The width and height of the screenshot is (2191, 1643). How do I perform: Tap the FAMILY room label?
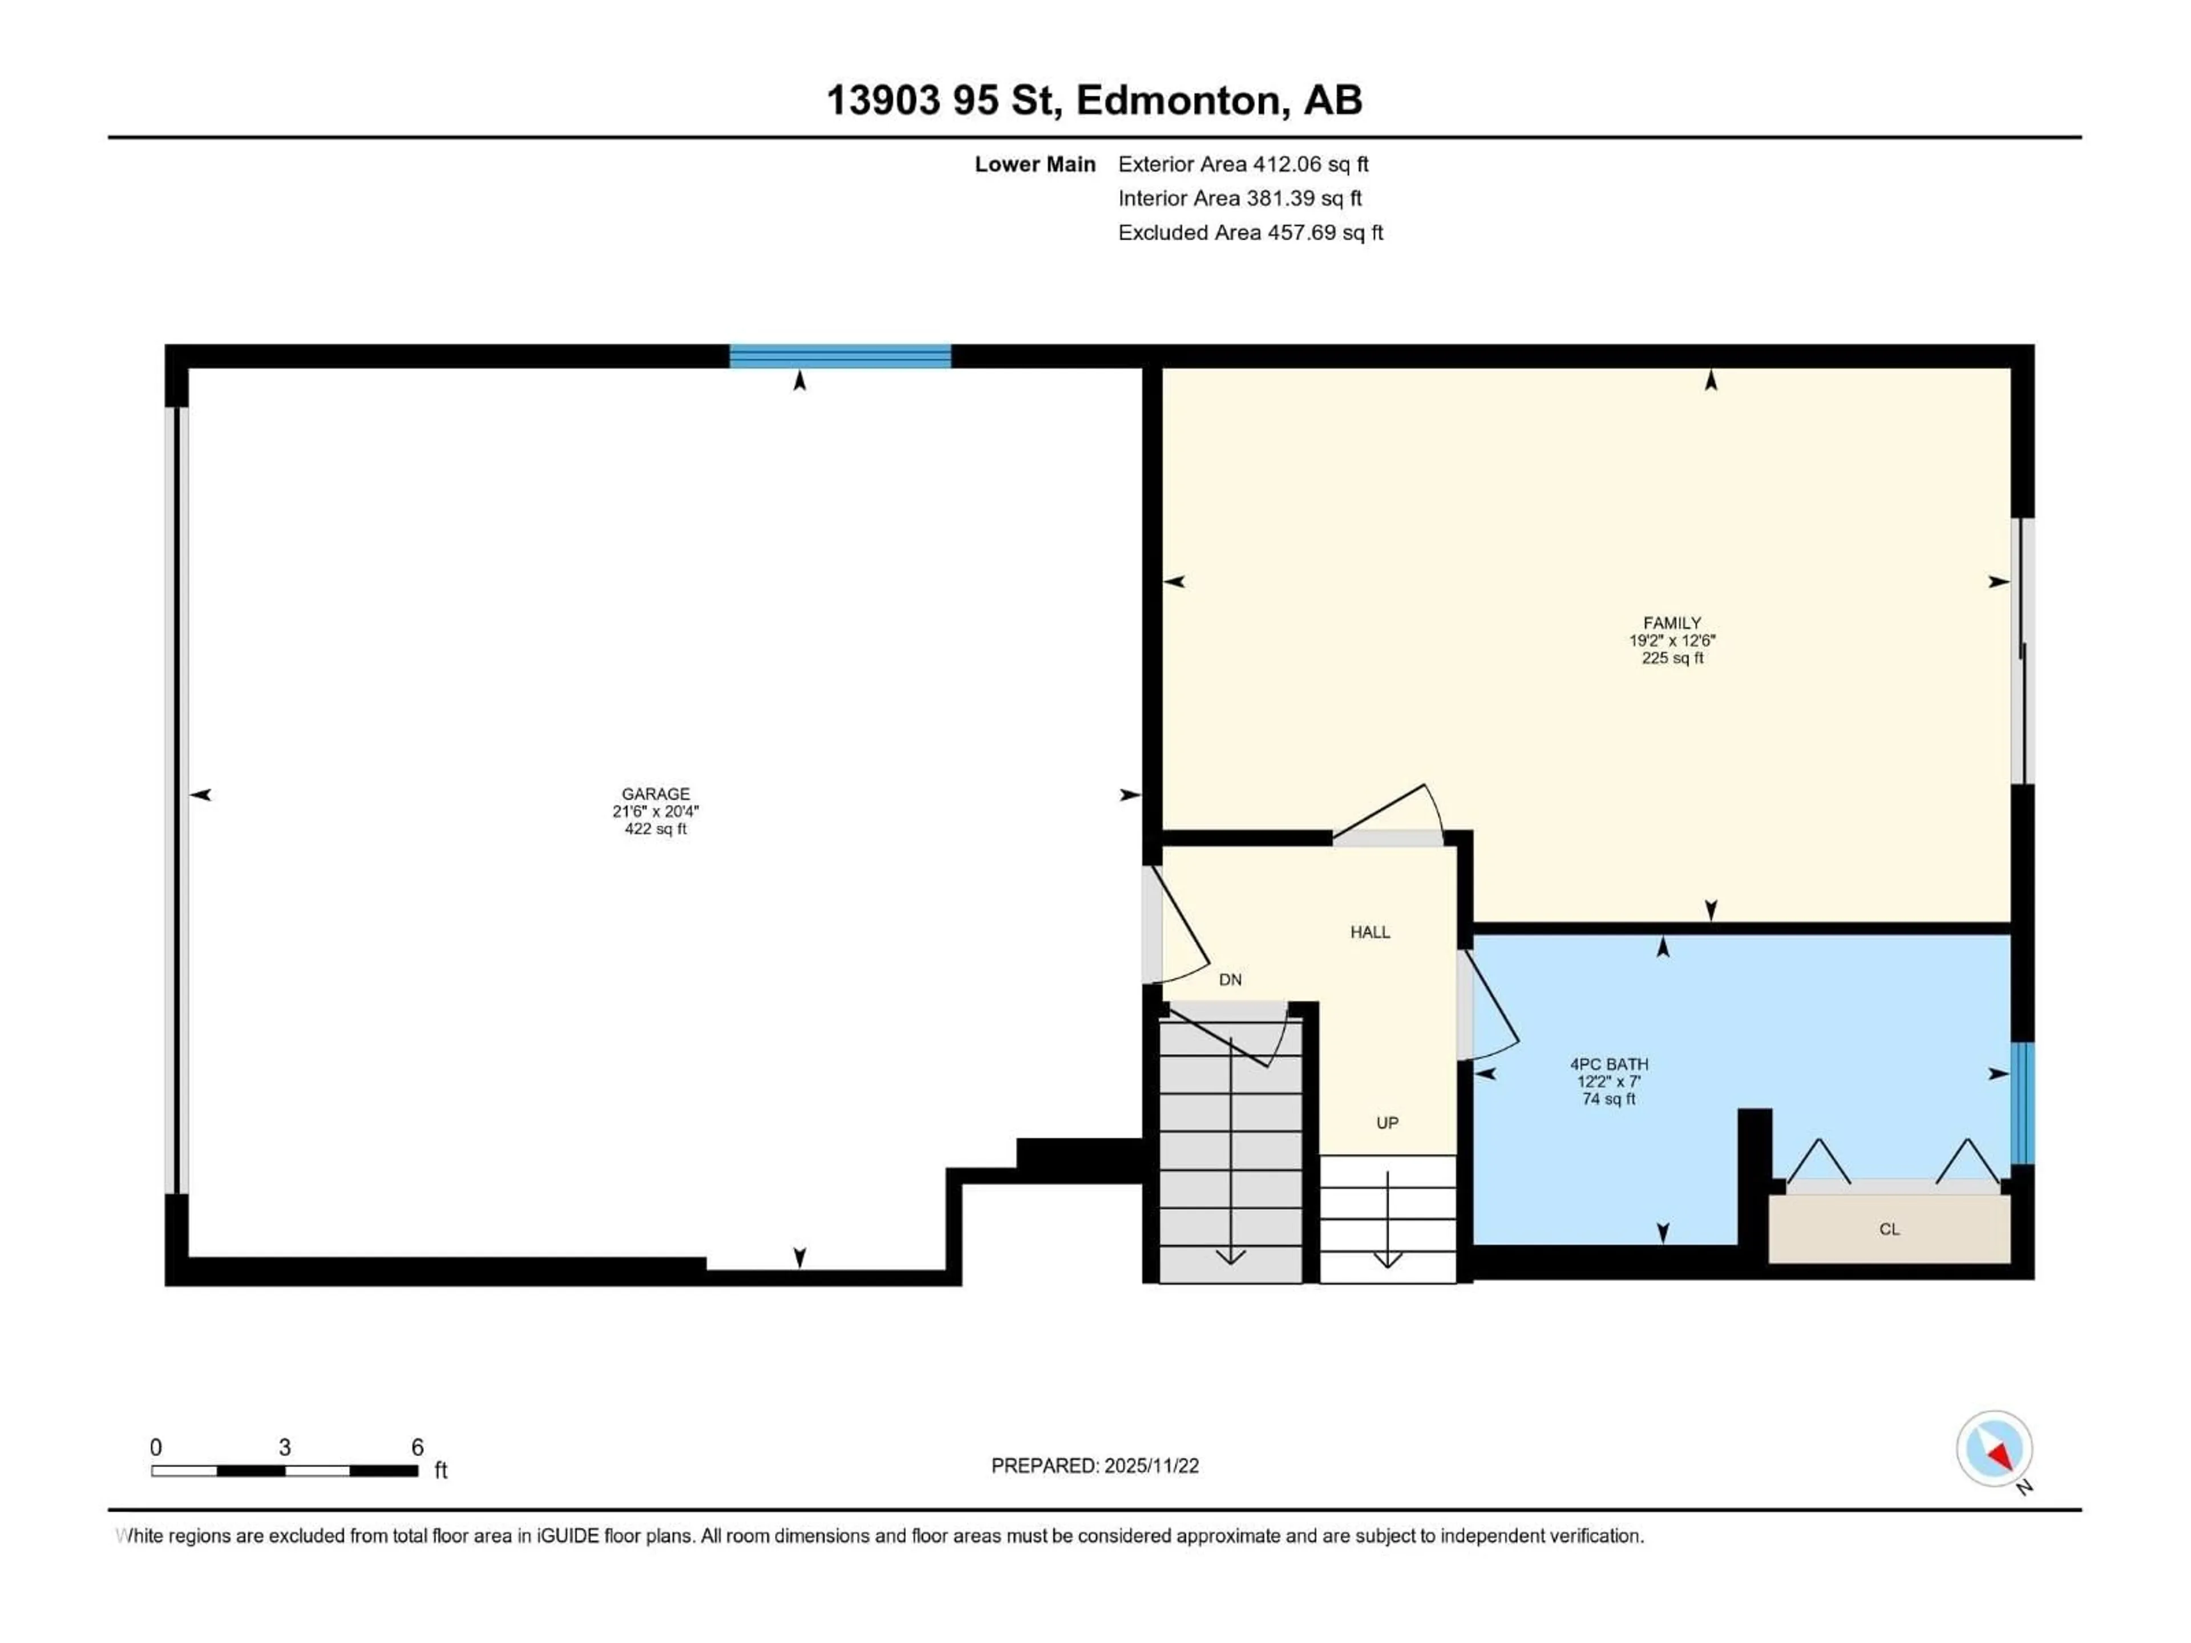pyautogui.click(x=1672, y=623)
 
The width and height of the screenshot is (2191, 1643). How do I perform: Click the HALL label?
pyautogui.click(x=1370, y=932)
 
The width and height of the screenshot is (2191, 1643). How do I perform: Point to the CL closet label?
pyautogui.click(x=1889, y=1229)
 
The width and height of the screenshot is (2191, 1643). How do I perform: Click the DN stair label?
pyautogui.click(x=1230, y=980)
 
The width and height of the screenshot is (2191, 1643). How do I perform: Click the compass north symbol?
pyautogui.click(x=1994, y=1449)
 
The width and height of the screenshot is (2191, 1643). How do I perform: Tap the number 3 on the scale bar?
pyautogui.click(x=284, y=1447)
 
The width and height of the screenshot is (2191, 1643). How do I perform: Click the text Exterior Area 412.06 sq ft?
pyautogui.click(x=1243, y=164)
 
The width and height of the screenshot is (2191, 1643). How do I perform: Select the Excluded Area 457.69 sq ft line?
pyautogui.click(x=1250, y=233)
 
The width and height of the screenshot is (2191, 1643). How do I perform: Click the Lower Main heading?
pyautogui.click(x=1035, y=164)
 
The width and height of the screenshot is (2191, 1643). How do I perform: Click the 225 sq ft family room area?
pyautogui.click(x=1672, y=658)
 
